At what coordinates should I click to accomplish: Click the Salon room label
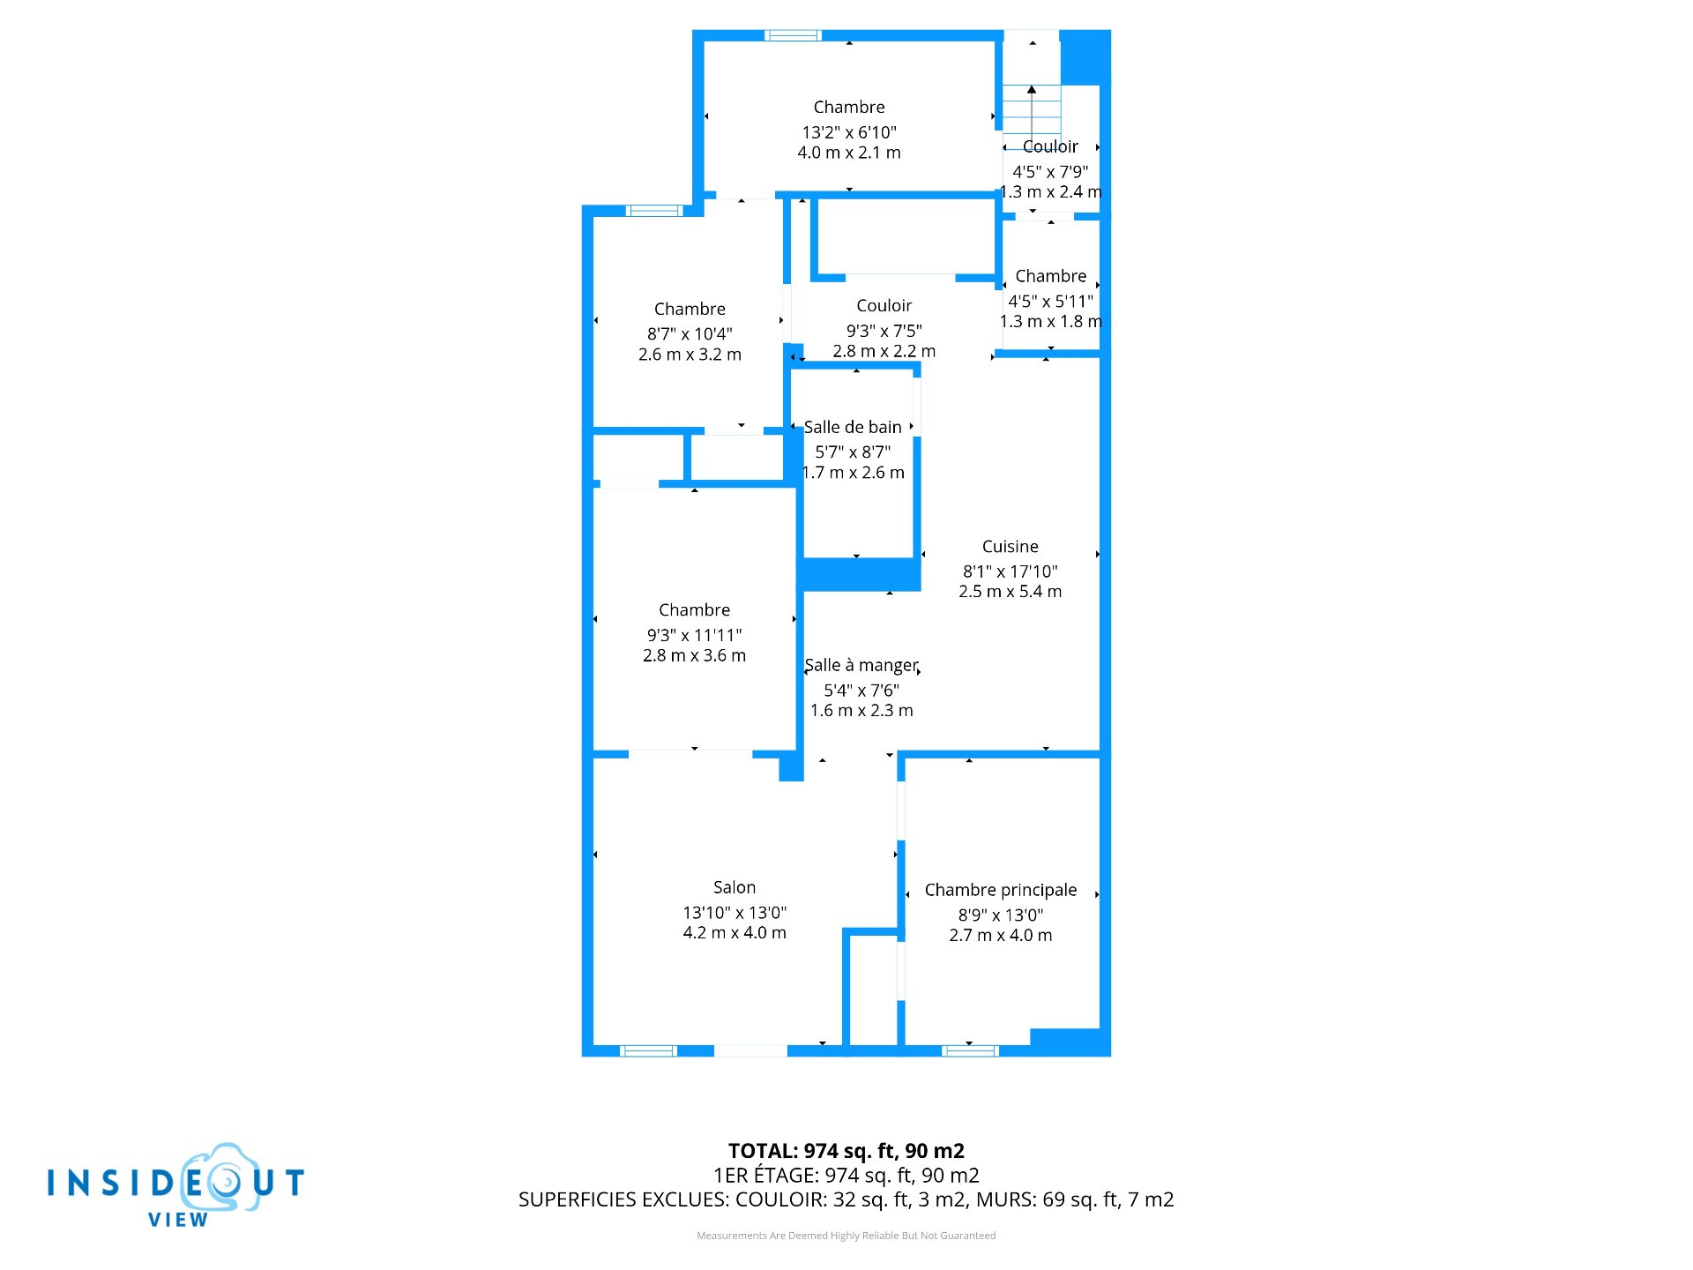[735, 887]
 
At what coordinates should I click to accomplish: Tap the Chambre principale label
[1001, 891]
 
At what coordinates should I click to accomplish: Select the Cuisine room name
[1011, 547]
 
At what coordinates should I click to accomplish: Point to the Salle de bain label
[853, 427]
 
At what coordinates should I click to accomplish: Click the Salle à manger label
[861, 666]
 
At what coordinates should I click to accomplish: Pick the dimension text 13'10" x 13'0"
[735, 912]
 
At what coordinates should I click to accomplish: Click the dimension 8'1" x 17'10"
[1011, 571]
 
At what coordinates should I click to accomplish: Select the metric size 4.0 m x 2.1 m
[849, 153]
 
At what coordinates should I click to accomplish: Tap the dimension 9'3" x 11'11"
[695, 635]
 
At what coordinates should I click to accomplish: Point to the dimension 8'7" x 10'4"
[690, 333]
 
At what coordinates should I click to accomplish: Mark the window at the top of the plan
[793, 35]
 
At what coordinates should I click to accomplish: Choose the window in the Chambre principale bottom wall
[970, 1050]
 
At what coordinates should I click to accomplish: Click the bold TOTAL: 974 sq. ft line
[846, 1151]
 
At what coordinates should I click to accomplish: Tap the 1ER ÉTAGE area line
[846, 1175]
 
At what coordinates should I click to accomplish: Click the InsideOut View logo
[176, 1185]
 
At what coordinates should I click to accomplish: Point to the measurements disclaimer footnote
[846, 1236]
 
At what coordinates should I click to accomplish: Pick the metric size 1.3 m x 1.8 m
[1051, 322]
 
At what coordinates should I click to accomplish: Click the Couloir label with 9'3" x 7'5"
[884, 306]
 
